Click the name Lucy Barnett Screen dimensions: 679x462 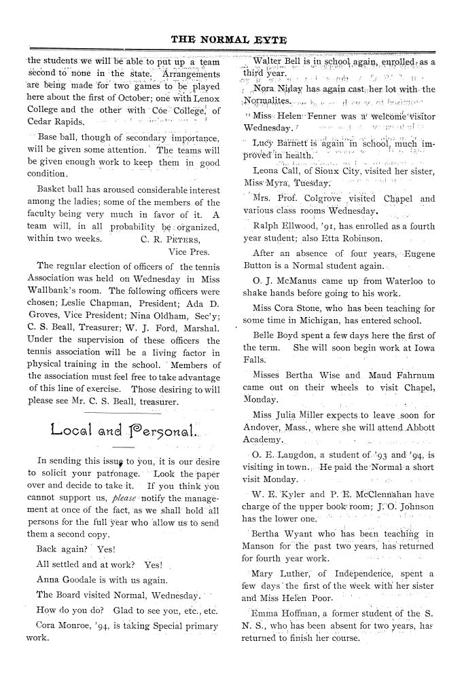click(x=279, y=142)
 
